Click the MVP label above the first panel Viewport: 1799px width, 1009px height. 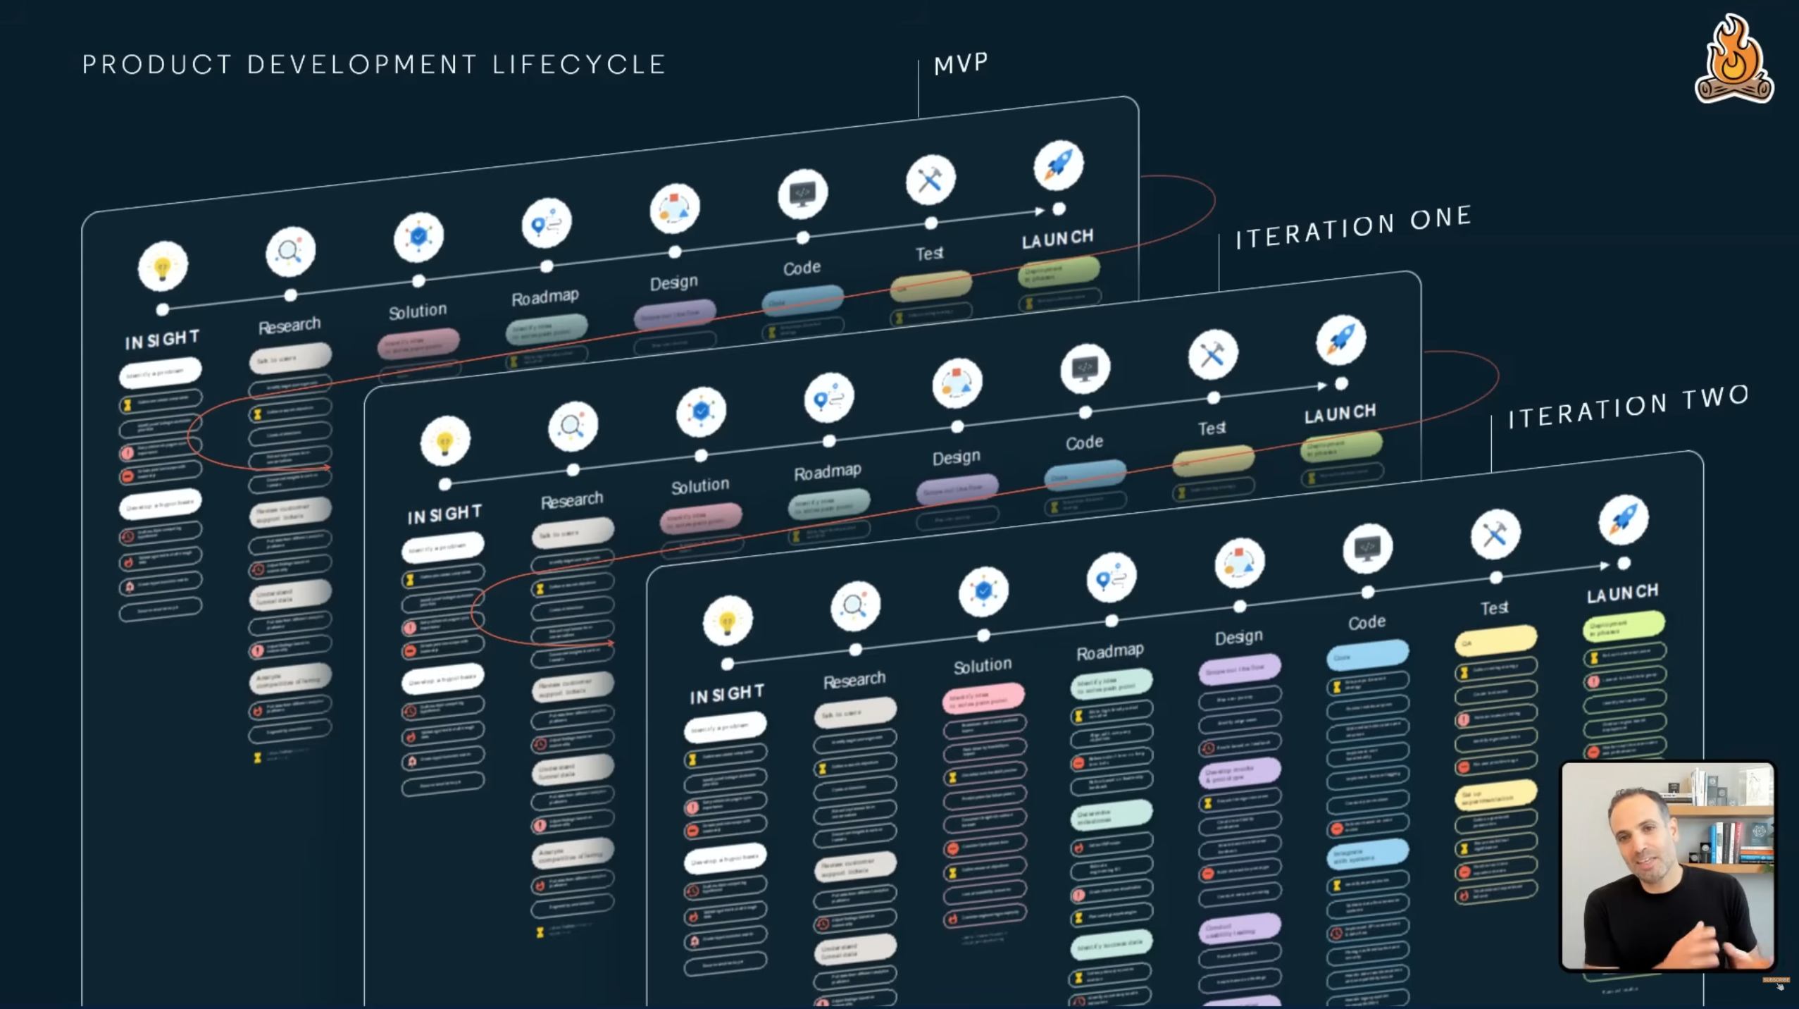[961, 64]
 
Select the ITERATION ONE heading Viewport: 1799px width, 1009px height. [1353, 228]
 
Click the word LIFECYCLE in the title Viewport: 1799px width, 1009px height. [579, 65]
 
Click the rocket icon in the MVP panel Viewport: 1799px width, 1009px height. [1058, 165]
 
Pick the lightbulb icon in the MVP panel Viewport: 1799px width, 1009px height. [163, 266]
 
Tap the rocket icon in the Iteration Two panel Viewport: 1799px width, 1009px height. [1623, 520]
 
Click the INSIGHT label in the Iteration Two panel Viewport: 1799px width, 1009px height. [727, 694]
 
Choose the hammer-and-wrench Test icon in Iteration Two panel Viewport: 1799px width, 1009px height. [1495, 534]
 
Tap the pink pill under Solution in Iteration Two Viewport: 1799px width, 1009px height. [983, 698]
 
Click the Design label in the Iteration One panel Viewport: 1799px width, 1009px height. [956, 457]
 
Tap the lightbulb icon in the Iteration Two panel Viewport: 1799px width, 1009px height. [728, 621]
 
